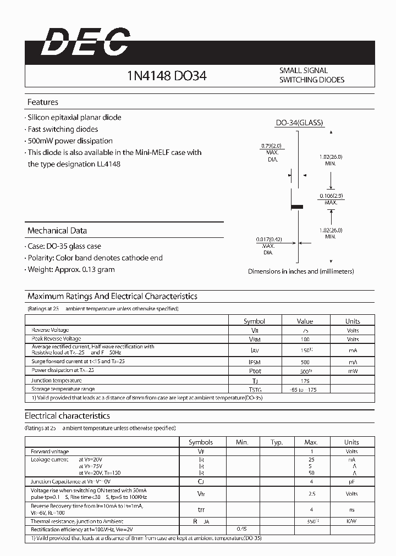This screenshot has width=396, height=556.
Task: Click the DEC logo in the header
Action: click(x=85, y=42)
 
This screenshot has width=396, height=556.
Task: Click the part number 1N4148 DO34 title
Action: click(x=167, y=76)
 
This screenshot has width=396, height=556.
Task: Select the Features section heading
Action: click(x=43, y=102)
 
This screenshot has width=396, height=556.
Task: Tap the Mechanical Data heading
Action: click(x=57, y=231)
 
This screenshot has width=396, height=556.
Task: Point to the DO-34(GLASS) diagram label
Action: click(x=299, y=123)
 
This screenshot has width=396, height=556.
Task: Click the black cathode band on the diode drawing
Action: click(x=297, y=207)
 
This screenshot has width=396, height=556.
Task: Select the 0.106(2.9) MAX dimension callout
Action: click(x=331, y=199)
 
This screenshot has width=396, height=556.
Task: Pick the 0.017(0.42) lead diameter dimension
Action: click(x=269, y=243)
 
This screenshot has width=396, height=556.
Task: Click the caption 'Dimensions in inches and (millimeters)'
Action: click(x=301, y=271)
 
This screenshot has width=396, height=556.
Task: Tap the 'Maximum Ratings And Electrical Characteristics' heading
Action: click(x=112, y=296)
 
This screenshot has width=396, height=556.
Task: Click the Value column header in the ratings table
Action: click(x=305, y=321)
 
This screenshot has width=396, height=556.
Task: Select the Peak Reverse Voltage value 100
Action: click(x=305, y=339)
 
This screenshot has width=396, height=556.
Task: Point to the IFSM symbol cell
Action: click(x=254, y=362)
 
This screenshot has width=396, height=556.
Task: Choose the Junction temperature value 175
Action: click(x=305, y=380)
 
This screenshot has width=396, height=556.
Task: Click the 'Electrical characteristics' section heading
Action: click(x=68, y=416)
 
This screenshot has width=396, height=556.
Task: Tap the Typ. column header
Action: click(x=277, y=442)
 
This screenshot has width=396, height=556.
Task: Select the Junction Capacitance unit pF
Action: click(x=351, y=481)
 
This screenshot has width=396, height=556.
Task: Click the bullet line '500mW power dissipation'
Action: click(x=70, y=141)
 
